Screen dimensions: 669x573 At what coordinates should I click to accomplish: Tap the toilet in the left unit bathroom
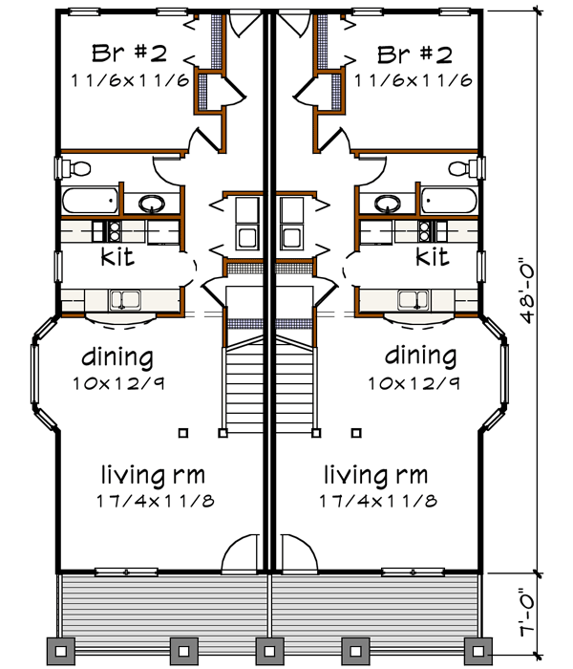(76, 169)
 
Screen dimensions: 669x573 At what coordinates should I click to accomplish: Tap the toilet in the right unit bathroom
(463, 169)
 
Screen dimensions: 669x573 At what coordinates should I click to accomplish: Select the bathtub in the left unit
(90, 203)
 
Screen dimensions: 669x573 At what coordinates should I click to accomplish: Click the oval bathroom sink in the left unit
(151, 203)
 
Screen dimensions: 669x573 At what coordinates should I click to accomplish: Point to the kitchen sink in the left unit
(124, 300)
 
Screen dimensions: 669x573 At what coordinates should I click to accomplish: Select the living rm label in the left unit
(153, 474)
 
